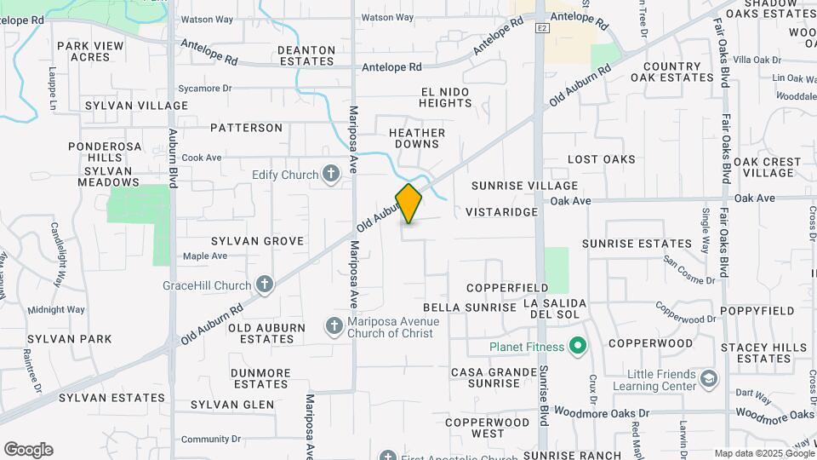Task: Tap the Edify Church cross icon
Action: (x=331, y=175)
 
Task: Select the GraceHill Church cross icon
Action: (x=265, y=285)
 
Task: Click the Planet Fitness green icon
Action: (x=579, y=347)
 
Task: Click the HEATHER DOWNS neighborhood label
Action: (x=417, y=138)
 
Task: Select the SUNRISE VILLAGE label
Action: (x=525, y=186)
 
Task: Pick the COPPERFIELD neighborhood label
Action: (x=507, y=288)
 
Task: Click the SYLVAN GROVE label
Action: (x=257, y=241)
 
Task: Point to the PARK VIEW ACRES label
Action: (x=84, y=51)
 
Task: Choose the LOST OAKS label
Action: (x=602, y=159)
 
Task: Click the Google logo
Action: (x=28, y=450)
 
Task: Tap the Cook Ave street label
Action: (x=202, y=158)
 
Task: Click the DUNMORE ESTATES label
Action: (x=260, y=378)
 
